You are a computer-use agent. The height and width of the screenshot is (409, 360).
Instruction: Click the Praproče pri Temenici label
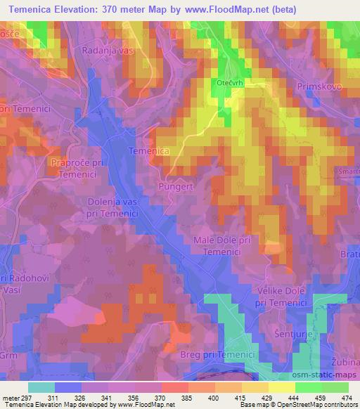click(x=78, y=169)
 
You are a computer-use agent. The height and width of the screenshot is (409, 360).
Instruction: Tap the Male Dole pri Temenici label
click(x=222, y=246)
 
